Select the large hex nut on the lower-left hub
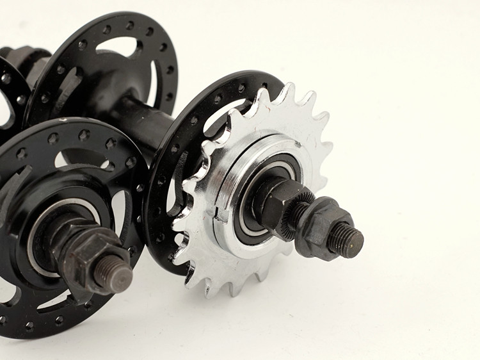(x=90, y=256)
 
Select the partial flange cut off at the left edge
(x=9, y=96)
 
